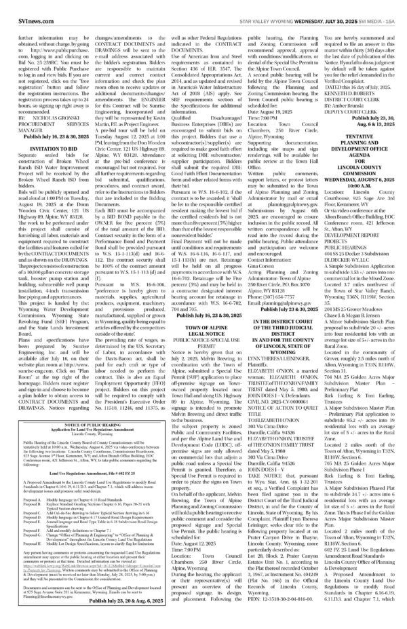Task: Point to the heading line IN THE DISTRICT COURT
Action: point(307,303)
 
